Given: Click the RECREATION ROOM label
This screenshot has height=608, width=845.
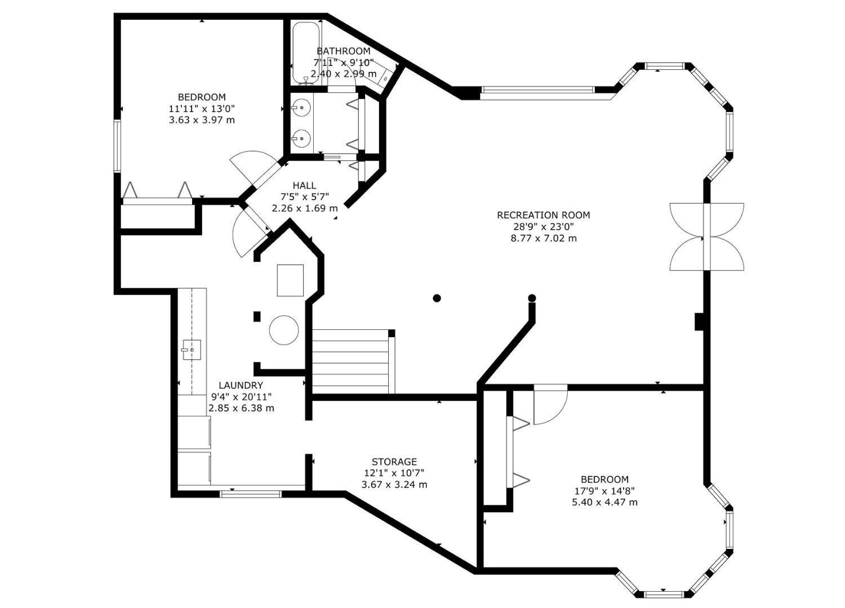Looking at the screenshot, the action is [x=543, y=215].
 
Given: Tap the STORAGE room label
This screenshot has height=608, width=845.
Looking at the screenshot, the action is [x=394, y=462].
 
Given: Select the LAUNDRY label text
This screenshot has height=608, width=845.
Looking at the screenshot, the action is [x=241, y=385].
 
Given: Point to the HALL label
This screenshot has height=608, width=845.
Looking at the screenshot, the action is [x=304, y=185].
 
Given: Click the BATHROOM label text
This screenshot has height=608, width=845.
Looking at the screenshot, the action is [x=343, y=51].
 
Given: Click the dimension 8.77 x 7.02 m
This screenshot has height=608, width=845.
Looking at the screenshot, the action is [x=544, y=238].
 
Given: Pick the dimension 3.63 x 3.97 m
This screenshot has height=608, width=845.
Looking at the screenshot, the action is [x=202, y=120].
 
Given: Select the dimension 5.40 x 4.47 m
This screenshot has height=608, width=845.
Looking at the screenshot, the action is [x=604, y=503].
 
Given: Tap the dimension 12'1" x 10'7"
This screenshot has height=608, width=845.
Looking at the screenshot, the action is [x=394, y=473].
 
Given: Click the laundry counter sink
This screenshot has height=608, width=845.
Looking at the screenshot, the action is [x=192, y=350].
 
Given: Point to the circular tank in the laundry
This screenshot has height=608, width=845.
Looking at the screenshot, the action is [x=284, y=330].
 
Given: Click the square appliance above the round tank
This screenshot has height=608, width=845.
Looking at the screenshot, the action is [x=291, y=280].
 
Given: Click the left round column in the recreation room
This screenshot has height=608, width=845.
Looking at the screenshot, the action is [x=437, y=298].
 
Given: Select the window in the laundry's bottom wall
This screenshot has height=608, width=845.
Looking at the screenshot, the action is [x=251, y=493].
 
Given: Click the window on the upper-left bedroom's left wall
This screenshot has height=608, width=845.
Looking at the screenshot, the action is [x=117, y=146].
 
